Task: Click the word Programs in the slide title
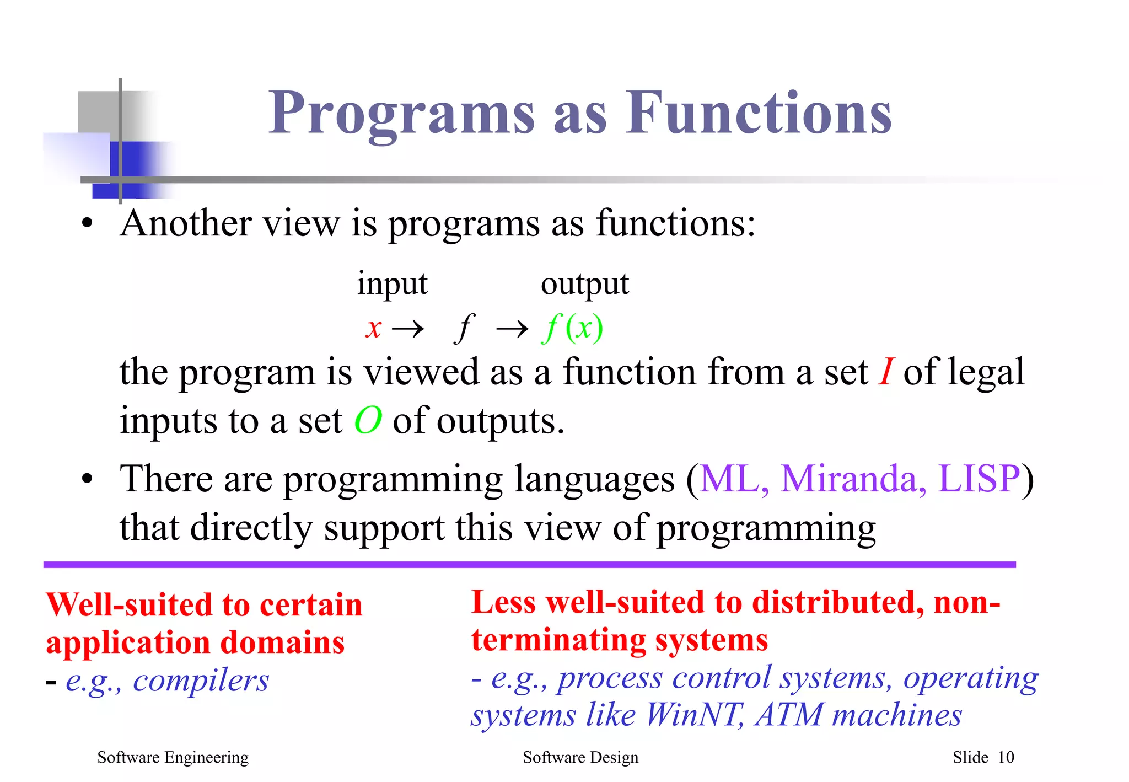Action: click(401, 113)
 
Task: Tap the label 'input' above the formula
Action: click(392, 285)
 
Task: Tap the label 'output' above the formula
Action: click(584, 285)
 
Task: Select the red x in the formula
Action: click(374, 329)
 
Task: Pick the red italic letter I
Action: click(886, 372)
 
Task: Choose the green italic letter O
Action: click(368, 421)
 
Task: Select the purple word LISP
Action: click(979, 478)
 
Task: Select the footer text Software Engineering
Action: click(173, 758)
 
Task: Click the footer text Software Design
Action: click(580, 758)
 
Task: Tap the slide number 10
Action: click(1006, 758)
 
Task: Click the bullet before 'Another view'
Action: click(87, 225)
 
